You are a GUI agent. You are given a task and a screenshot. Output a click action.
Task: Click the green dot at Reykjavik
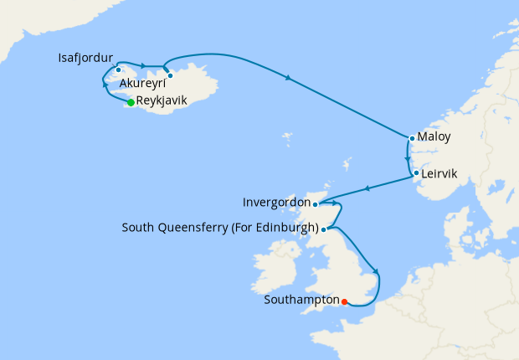131,103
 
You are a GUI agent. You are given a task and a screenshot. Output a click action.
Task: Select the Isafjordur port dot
119,69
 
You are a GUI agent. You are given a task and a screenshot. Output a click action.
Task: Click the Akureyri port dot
170,75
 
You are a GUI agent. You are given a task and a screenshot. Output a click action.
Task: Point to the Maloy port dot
412,138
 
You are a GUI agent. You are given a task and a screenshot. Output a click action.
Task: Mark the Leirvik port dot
416,174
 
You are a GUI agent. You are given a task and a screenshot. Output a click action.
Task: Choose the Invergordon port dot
315,203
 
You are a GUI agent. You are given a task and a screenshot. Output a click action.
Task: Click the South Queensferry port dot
324,229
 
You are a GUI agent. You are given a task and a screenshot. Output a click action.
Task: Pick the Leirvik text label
440,176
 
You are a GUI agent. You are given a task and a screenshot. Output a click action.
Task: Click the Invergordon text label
275,203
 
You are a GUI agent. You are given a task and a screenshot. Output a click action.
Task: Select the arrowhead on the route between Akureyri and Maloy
288,79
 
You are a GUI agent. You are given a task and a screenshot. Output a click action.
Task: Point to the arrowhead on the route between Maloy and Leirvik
407,157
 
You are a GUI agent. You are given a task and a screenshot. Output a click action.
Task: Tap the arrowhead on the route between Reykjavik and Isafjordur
104,87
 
